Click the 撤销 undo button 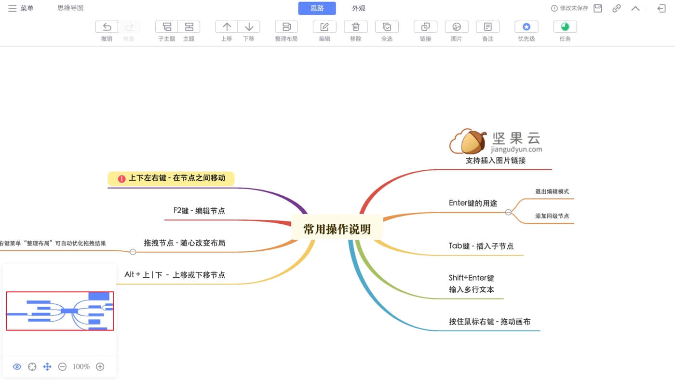tap(107, 27)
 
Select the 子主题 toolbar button tap(167, 27)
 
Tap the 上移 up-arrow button tap(227, 27)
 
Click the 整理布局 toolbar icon tap(286, 27)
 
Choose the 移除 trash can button tap(356, 27)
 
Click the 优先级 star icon tap(526, 27)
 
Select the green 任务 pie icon tap(565, 27)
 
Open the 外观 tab tap(359, 8)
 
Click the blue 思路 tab tap(317, 8)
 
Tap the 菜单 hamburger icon tap(13, 8)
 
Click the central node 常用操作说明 tap(337, 229)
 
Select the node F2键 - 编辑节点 tap(199, 211)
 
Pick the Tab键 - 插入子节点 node tap(481, 246)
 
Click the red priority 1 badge tap(121, 179)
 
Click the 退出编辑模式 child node tap(552, 191)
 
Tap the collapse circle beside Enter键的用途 tap(508, 212)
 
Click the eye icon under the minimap tap(17, 366)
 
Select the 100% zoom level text tap(81, 366)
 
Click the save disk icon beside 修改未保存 tap(597, 8)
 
